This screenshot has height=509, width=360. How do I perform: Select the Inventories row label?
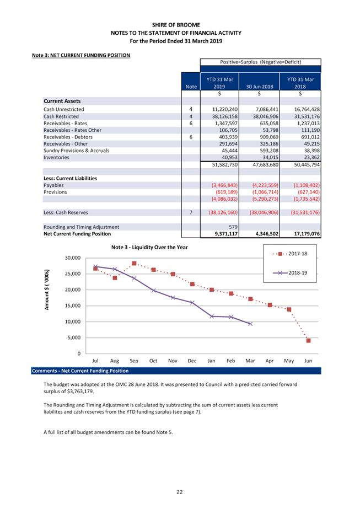click(56, 157)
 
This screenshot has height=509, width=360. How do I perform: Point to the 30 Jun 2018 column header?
click(259, 87)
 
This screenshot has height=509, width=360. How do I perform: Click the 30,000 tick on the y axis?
click(73, 258)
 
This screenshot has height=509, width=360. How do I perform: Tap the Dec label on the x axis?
click(192, 361)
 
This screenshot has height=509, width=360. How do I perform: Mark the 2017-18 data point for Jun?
click(309, 341)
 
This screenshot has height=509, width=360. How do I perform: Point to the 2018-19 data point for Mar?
click(250, 324)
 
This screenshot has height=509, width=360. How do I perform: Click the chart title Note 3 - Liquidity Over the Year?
click(149, 247)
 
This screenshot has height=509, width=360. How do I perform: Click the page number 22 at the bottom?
click(180, 492)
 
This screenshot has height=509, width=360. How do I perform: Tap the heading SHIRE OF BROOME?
click(180, 25)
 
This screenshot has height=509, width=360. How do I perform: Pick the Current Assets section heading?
click(62, 101)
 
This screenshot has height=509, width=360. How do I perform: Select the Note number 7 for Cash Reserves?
click(191, 212)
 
